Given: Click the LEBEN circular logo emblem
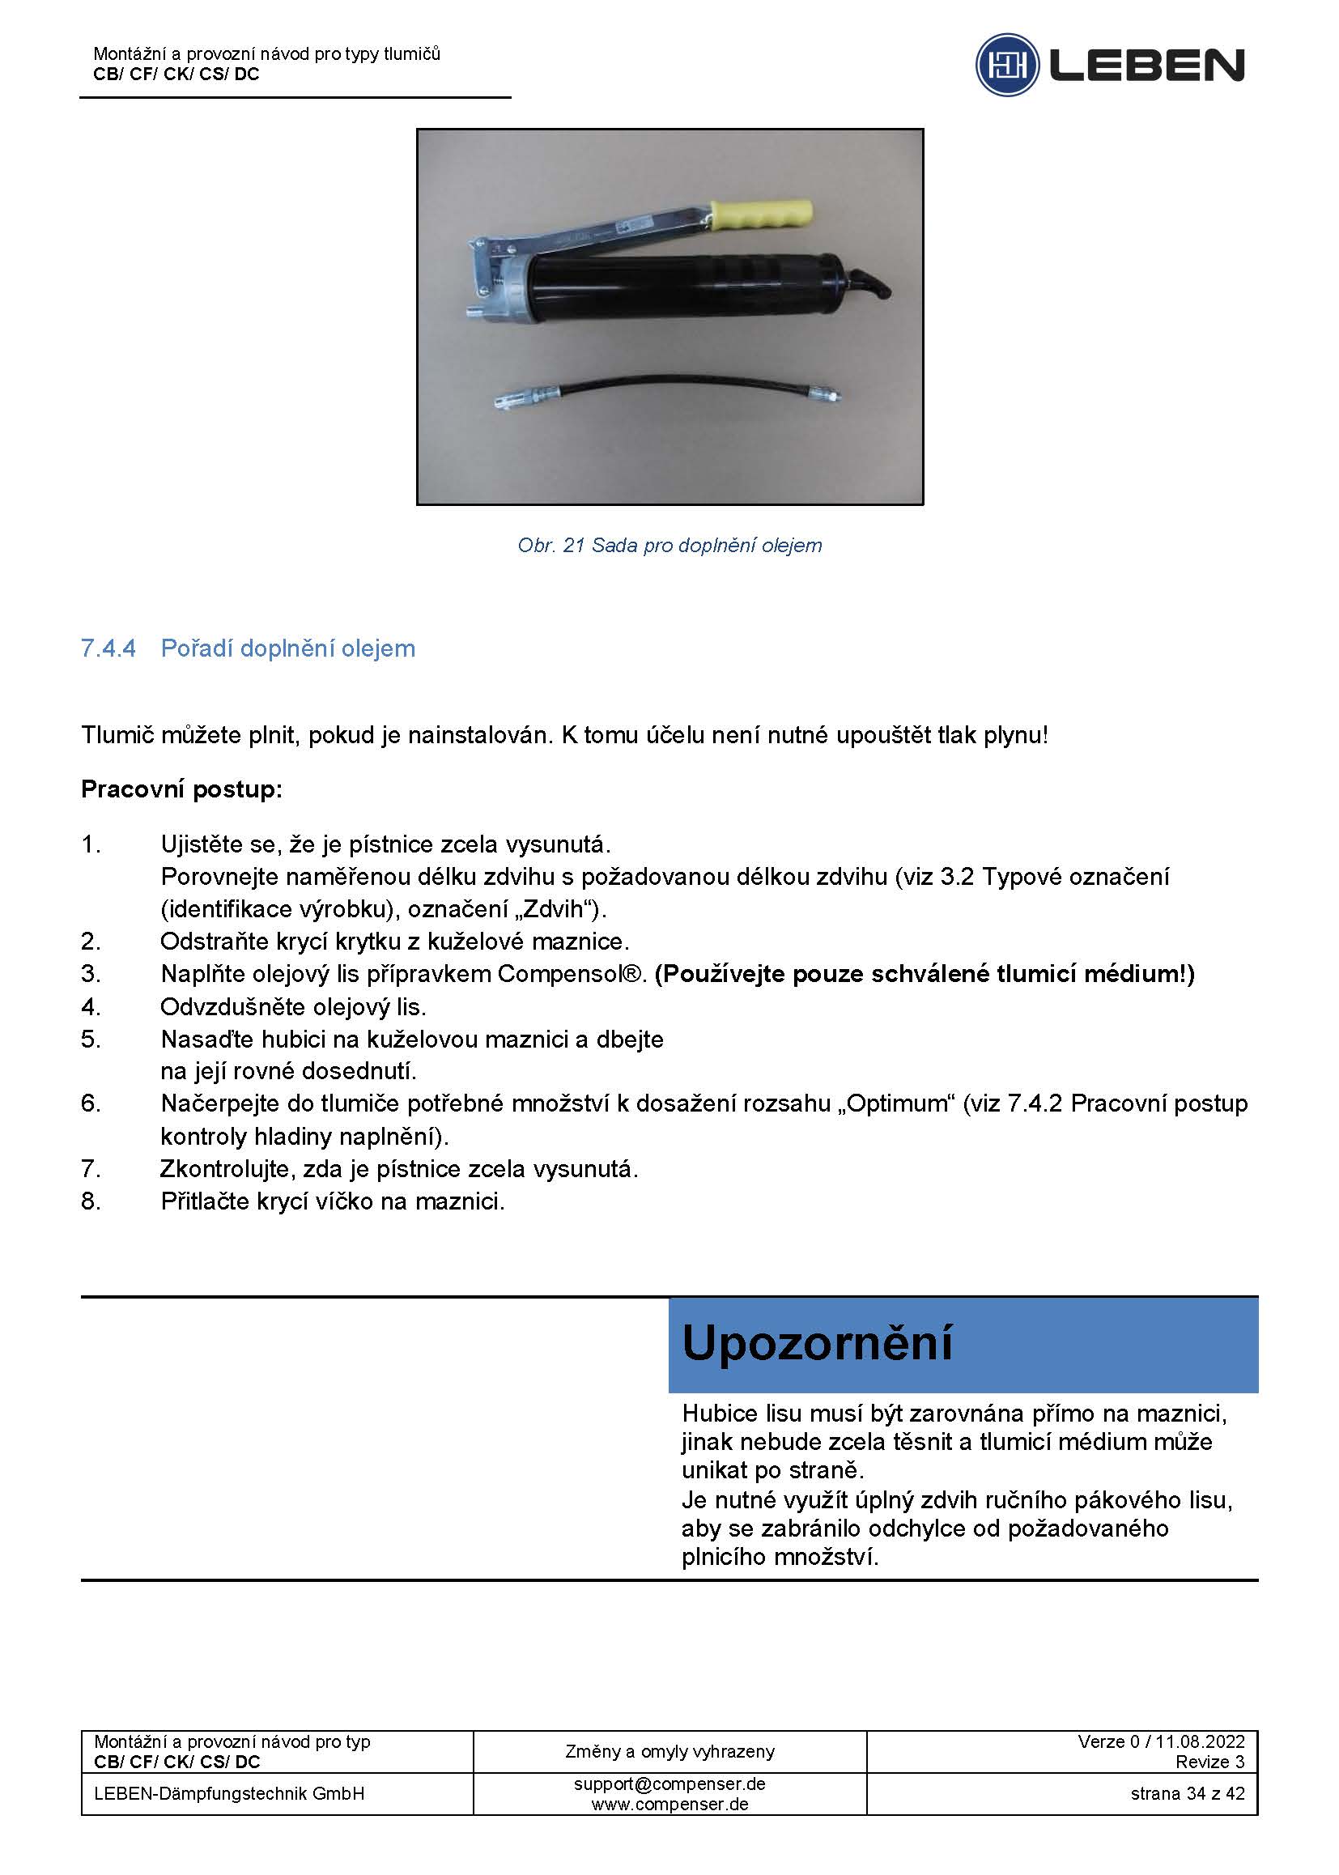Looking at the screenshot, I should click(x=1007, y=64).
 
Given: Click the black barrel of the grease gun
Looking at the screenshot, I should click(x=684, y=288).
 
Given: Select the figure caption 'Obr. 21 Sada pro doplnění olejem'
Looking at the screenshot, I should click(x=669, y=545).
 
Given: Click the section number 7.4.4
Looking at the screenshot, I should click(x=108, y=648).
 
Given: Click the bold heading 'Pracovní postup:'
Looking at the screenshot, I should click(x=181, y=789).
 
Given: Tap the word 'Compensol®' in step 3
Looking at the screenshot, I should click(x=571, y=974).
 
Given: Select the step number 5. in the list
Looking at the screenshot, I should click(x=91, y=1039).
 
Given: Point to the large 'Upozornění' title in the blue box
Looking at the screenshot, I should click(x=817, y=1343).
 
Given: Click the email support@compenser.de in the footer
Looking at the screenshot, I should click(x=669, y=1784).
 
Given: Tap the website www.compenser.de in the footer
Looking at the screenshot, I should click(x=669, y=1803).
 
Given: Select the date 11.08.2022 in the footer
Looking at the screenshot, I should click(x=1200, y=1741).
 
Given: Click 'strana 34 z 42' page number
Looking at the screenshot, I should click(x=1188, y=1793).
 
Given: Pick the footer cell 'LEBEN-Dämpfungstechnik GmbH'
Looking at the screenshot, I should click(x=229, y=1793).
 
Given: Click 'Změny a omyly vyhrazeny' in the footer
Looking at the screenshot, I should click(x=669, y=1750).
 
